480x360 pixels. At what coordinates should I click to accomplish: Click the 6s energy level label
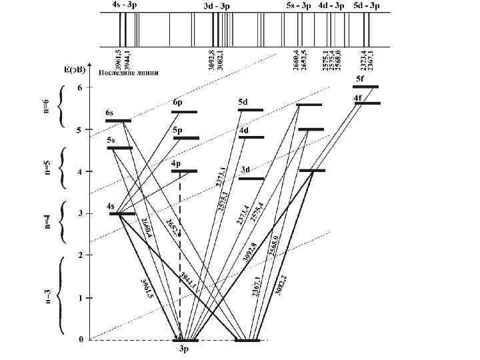109,113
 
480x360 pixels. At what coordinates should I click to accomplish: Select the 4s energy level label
111,207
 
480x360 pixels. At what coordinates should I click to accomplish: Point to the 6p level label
177,103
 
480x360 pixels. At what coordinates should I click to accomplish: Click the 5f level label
360,79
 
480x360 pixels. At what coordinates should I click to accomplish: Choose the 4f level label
358,99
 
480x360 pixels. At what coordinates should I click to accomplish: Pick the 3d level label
245,170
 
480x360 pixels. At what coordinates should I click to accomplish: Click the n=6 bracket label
47,106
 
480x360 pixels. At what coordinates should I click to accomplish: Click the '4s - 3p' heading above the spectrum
125,6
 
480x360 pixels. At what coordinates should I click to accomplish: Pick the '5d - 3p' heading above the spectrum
367,6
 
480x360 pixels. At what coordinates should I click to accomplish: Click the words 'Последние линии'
123,73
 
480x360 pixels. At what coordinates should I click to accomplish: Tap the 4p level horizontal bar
184,171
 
